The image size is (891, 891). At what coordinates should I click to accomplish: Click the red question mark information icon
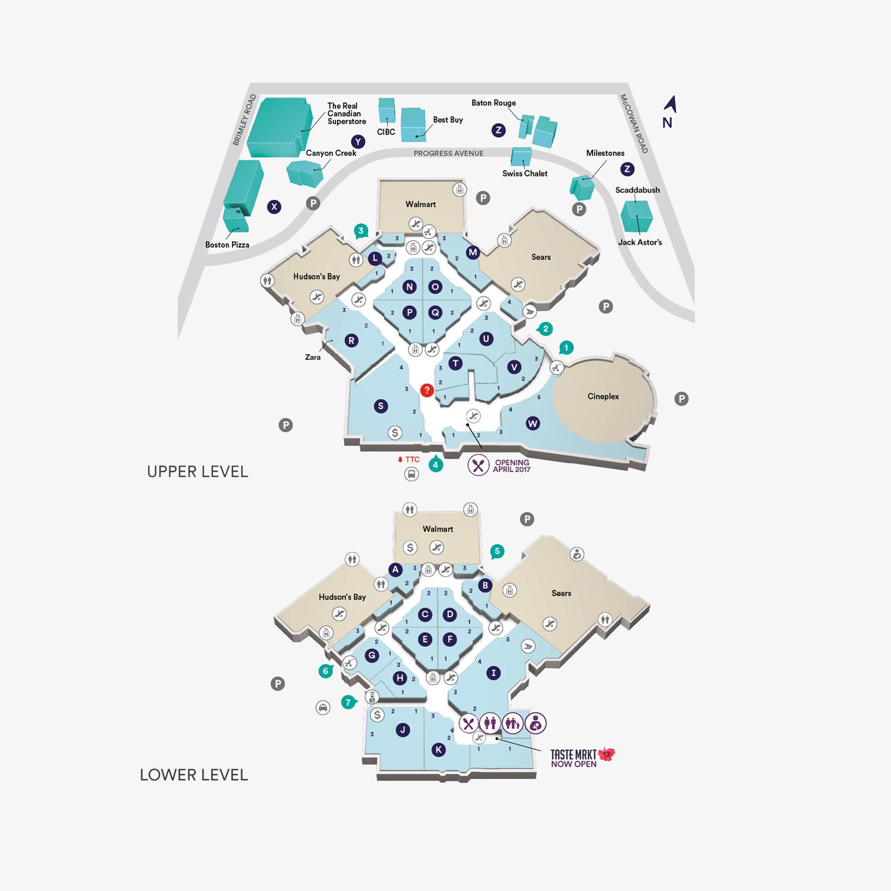(x=427, y=390)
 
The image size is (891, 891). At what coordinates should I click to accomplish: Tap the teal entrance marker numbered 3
(x=361, y=230)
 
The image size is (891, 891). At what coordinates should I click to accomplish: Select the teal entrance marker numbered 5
(x=497, y=551)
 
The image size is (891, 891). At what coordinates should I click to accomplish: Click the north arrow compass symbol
(x=670, y=105)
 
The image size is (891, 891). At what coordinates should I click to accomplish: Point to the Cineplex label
(x=603, y=396)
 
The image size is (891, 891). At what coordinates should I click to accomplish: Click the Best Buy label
(x=448, y=120)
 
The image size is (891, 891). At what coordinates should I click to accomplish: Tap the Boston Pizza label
(x=227, y=245)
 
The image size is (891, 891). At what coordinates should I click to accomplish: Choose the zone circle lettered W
(x=533, y=423)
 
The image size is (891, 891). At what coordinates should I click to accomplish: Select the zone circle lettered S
(x=381, y=406)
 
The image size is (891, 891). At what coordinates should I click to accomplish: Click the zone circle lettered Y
(x=358, y=142)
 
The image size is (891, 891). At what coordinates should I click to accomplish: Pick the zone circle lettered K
(x=438, y=750)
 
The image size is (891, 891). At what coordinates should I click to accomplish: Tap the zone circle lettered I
(x=493, y=673)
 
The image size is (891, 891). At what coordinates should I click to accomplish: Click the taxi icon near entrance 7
(x=323, y=707)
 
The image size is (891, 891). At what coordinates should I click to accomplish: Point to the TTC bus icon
(x=411, y=474)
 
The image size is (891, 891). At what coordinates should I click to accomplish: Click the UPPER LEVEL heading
(x=198, y=472)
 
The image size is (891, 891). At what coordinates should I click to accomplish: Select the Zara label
(x=313, y=357)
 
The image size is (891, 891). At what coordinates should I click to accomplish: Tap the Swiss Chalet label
(x=524, y=173)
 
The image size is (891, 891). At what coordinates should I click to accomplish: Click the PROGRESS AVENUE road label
(x=448, y=153)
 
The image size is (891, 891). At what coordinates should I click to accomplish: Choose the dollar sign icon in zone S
(x=395, y=433)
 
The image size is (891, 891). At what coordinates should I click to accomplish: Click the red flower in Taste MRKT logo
(x=606, y=754)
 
